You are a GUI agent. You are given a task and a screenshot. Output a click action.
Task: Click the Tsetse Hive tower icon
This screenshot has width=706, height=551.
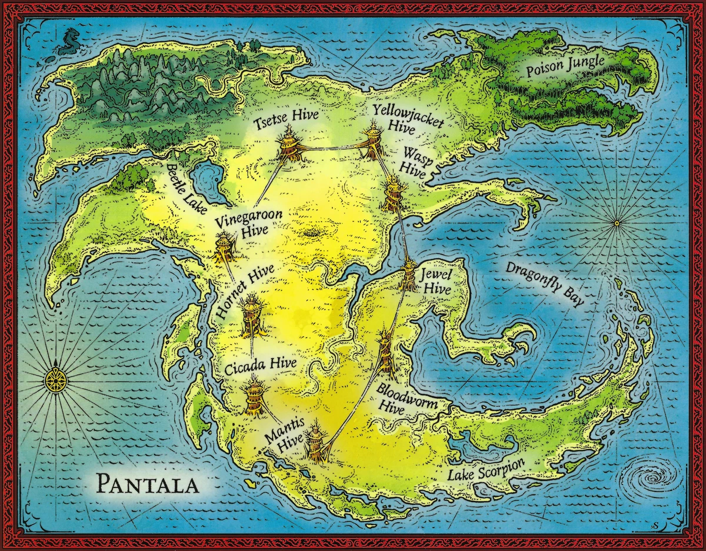(289, 145)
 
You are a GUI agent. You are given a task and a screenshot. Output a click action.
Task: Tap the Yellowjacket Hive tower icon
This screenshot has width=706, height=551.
(374, 143)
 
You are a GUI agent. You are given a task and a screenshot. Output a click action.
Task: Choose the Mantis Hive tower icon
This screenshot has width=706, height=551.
(315, 444)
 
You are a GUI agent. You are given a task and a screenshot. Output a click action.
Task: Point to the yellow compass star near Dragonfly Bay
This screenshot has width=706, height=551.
(616, 223)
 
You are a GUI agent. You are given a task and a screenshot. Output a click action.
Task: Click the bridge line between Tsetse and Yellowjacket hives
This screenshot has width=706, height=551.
(331, 148)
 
